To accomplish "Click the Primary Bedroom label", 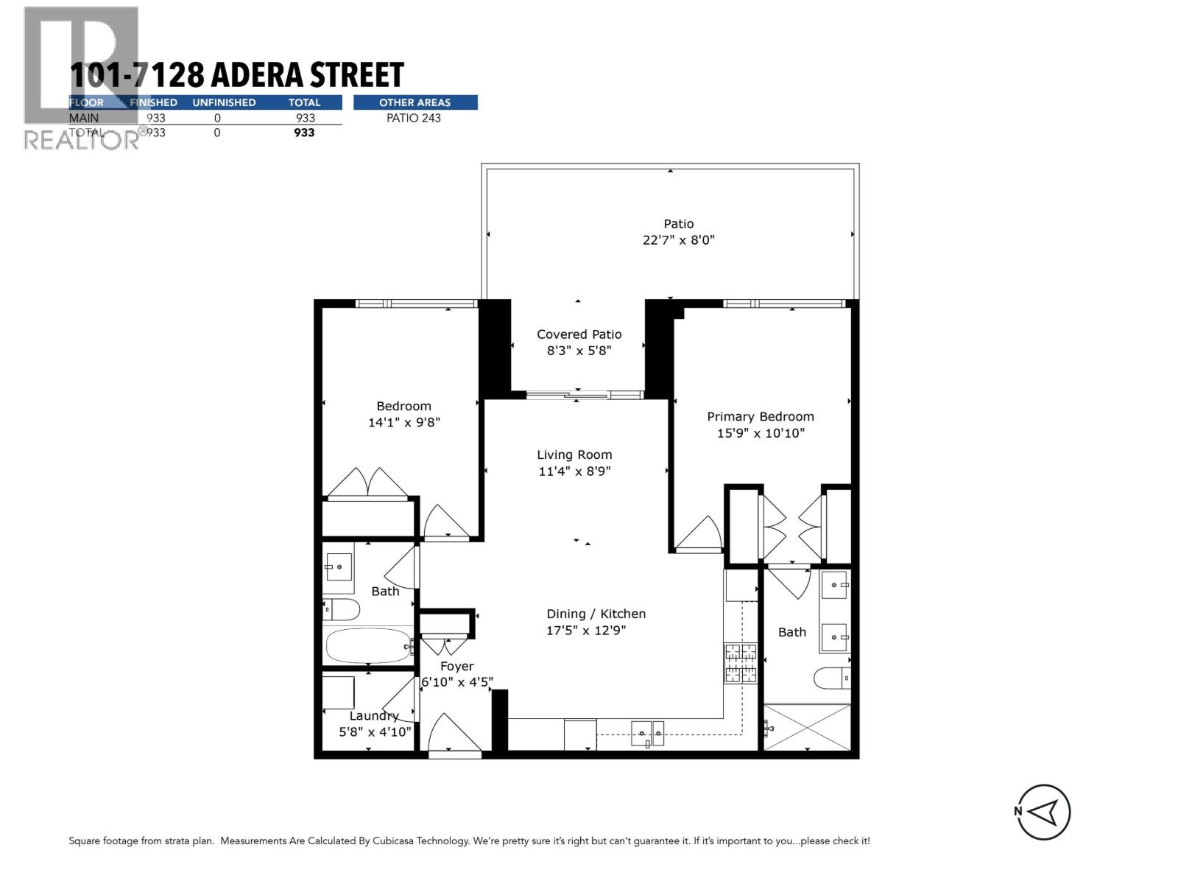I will [761, 417].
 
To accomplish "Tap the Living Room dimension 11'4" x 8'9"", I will [574, 471].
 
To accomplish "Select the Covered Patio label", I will [579, 334].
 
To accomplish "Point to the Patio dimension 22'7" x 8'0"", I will [678, 240].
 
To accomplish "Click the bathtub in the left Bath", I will [367, 646].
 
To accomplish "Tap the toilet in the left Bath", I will [342, 610].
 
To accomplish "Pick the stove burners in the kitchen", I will [741, 663].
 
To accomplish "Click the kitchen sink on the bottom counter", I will [648, 733].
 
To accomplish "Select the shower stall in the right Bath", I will [807, 727].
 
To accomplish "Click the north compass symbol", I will [1043, 812].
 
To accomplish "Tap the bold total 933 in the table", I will [304, 133].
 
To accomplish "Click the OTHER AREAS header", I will [415, 102].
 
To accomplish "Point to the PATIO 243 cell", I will [413, 118].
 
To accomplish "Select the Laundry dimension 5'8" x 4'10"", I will [375, 732].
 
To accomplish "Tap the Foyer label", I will [456, 667].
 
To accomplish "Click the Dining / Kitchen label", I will [596, 614].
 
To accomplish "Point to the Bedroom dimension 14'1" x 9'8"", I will [403, 423].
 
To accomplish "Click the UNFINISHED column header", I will [224, 102].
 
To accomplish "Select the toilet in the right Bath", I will [832, 678].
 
